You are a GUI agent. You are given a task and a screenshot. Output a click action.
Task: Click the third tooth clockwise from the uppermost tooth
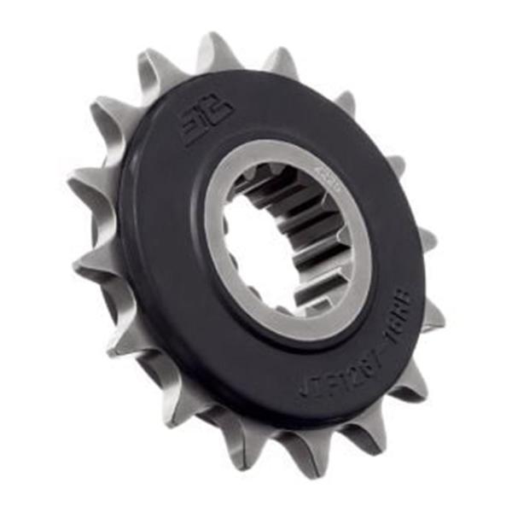(x=393, y=162)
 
